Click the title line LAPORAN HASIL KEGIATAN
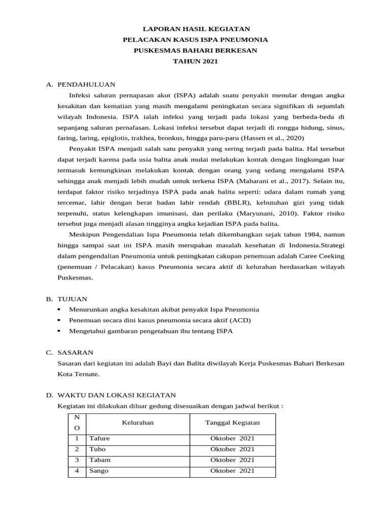coord(195,29)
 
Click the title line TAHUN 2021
coord(195,61)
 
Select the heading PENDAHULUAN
coord(86,84)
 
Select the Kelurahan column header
coord(137,423)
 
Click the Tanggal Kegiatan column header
coord(232,423)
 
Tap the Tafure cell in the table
coord(99,438)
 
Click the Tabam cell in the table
coord(99,460)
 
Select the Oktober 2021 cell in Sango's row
coord(232,471)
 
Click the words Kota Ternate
coord(78,374)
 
